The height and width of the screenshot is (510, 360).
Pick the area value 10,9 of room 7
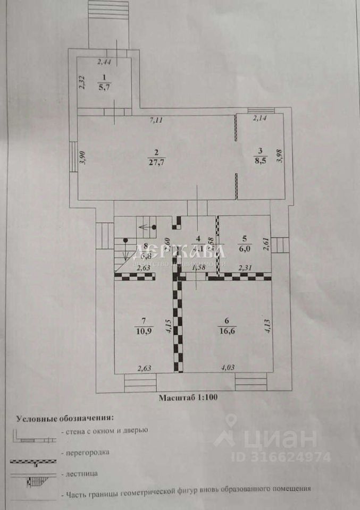[141, 331]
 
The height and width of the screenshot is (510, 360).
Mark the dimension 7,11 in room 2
[155, 121]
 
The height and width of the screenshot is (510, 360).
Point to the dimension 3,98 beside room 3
[281, 157]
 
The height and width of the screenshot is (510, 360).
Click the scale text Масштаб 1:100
[188, 396]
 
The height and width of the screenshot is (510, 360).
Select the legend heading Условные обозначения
[65, 419]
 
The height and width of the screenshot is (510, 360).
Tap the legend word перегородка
[85, 453]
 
